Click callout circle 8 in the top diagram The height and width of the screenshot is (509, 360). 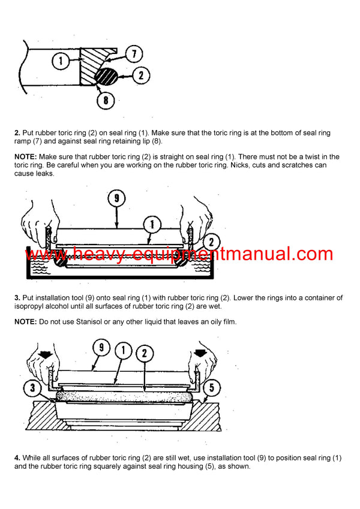click(x=106, y=100)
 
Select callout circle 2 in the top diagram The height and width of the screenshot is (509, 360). click(x=140, y=76)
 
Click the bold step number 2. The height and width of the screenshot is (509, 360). click(x=17, y=132)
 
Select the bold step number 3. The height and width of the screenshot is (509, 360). click(x=17, y=298)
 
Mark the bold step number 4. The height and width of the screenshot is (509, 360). click(x=17, y=458)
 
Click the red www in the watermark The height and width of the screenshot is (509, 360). click(x=48, y=254)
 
